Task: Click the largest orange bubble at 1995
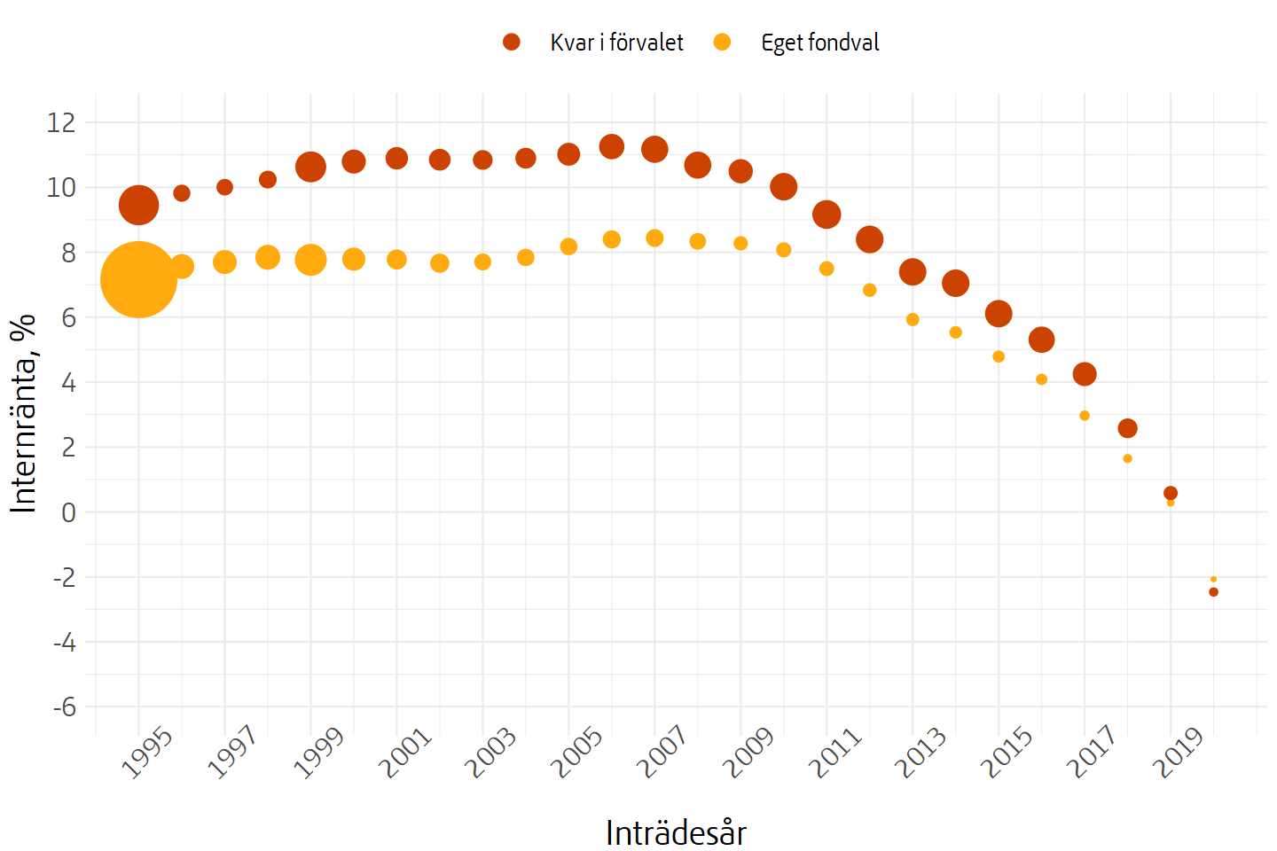[x=138, y=279]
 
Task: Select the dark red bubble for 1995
[x=138, y=206]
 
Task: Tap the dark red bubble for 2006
[x=612, y=146]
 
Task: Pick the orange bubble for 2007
[x=654, y=238]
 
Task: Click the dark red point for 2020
[x=1213, y=592]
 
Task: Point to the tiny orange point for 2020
[x=1213, y=579]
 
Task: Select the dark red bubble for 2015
[x=999, y=313]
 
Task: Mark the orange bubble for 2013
[x=913, y=319]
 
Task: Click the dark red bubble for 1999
[x=310, y=166]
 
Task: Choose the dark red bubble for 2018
[x=1127, y=428]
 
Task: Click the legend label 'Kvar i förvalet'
[x=616, y=43]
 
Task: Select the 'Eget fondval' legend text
[x=819, y=43]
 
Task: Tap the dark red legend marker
[x=512, y=42]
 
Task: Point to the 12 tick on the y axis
[x=61, y=122]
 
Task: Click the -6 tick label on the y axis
[x=65, y=707]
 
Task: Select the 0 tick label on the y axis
[x=69, y=512]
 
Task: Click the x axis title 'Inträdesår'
[x=676, y=833]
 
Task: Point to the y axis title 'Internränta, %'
[x=24, y=413]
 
